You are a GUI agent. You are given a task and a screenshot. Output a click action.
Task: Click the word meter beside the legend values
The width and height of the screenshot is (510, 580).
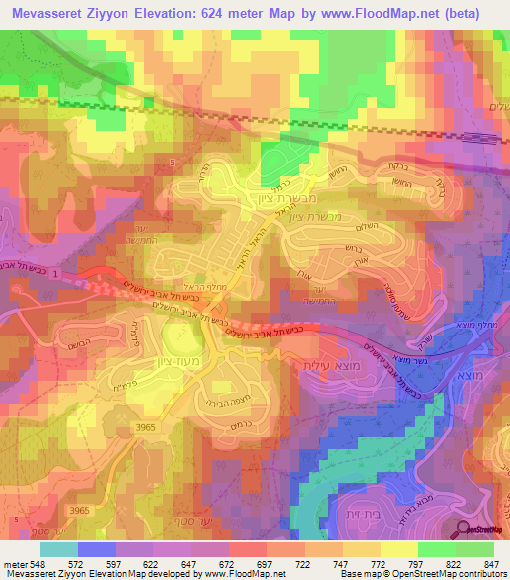pyautogui.click(x=14, y=563)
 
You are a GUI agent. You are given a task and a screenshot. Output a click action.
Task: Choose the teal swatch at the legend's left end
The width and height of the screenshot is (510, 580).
pyautogui.click(x=59, y=549)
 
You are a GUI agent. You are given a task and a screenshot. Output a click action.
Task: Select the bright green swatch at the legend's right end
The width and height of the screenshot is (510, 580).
pyautogui.click(x=475, y=549)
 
